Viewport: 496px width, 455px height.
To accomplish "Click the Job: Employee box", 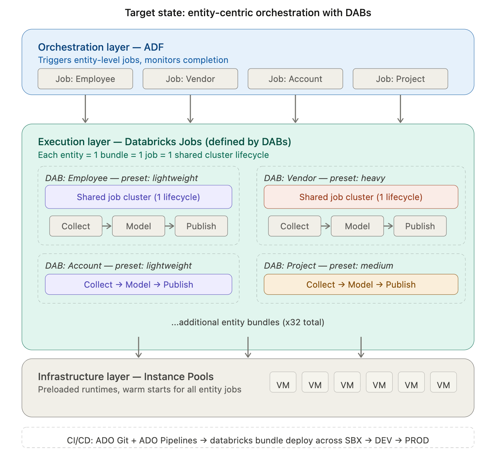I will point(85,79).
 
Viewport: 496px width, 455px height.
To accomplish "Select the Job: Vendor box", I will point(190,79).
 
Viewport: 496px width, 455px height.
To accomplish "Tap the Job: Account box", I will point(295,79).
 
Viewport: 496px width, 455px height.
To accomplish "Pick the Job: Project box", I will point(400,79).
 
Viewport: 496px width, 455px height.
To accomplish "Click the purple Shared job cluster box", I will point(138,197).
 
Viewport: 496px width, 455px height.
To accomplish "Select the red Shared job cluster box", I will point(361,197).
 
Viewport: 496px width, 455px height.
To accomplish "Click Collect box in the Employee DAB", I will point(76,226).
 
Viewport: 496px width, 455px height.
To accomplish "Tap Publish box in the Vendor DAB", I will point(420,226).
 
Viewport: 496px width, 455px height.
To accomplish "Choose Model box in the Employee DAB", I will point(138,226).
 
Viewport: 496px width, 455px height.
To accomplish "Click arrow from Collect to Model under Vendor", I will point(326,226).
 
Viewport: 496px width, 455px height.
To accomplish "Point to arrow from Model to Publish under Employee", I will point(170,226).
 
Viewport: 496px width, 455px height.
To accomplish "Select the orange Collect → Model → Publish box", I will point(361,284).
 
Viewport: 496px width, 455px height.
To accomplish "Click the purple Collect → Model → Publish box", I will point(138,284).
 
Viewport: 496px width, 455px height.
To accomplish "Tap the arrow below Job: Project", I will point(400,109).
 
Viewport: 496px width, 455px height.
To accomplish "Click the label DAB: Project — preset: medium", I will point(329,265).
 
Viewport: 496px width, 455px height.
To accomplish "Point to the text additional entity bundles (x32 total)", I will point(248,322).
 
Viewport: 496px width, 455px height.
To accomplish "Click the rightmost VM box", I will point(443,382).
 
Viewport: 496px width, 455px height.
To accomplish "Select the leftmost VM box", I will point(283,382).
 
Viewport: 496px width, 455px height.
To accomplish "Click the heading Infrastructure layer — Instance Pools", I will point(126,377).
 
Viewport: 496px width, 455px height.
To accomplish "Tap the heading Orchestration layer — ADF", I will point(101,47).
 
